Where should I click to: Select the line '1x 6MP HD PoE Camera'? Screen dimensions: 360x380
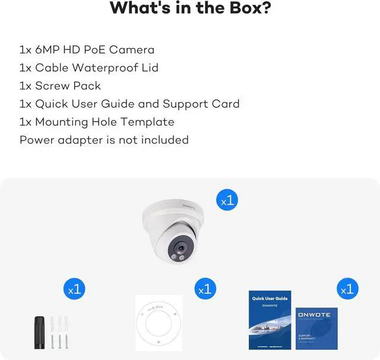(87, 50)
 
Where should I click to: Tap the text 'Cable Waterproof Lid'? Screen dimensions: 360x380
(96, 68)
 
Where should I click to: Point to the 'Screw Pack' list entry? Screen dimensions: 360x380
(68, 85)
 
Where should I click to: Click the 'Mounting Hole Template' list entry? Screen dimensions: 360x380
(104, 122)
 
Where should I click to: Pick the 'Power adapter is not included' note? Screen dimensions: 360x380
(104, 140)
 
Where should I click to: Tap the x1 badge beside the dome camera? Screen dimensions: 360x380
(229, 200)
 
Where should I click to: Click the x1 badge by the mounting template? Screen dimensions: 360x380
(205, 289)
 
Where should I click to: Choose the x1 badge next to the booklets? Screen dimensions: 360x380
(347, 289)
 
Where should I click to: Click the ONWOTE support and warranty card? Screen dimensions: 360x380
(316, 328)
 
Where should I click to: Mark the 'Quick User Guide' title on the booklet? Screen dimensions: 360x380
(270, 298)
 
